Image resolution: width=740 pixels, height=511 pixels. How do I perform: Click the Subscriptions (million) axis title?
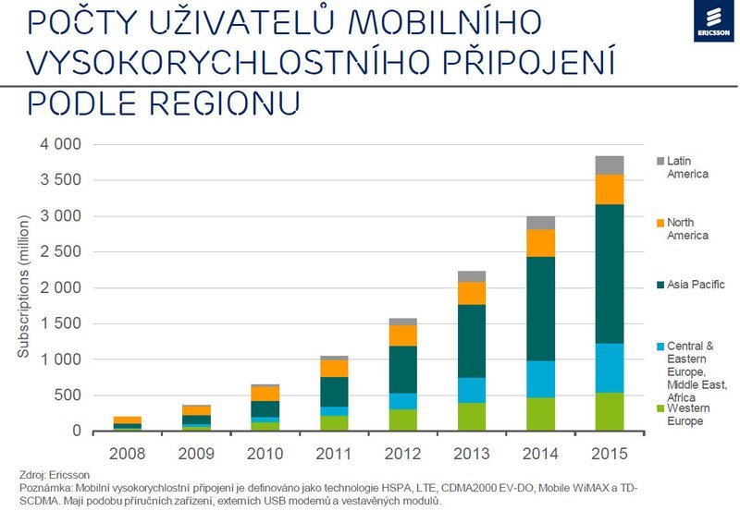(x=25, y=288)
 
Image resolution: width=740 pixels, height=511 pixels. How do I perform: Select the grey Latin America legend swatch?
(x=659, y=162)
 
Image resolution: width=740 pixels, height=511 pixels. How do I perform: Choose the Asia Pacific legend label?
(x=696, y=285)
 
